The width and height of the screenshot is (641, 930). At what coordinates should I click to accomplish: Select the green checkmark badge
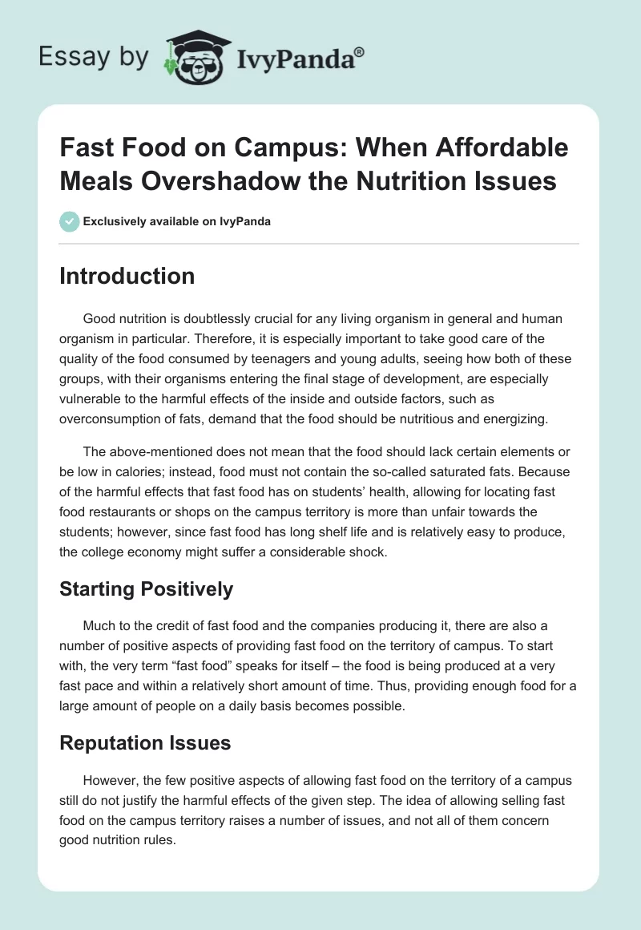69,221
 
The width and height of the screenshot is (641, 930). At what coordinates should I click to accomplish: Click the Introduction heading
127,276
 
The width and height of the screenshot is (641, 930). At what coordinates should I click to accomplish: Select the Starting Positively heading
147,589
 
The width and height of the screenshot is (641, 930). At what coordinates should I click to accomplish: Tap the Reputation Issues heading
145,742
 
